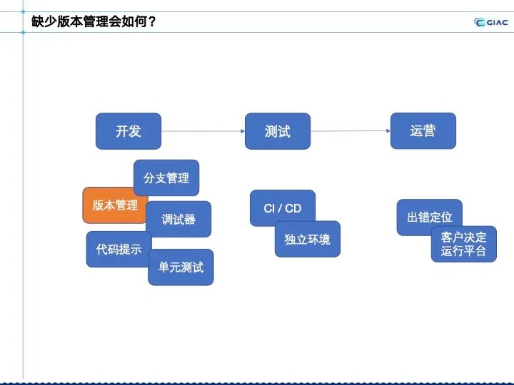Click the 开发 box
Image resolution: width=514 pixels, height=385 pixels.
pyautogui.click(x=128, y=131)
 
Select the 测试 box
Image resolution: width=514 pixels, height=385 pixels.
pyautogui.click(x=277, y=131)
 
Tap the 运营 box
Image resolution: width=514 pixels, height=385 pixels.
pyautogui.click(x=423, y=131)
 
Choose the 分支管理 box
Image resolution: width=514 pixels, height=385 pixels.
pyautogui.click(x=166, y=178)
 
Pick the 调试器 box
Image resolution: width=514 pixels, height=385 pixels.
pyautogui.click(x=178, y=219)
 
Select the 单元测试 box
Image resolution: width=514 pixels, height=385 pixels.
pyautogui.click(x=181, y=267)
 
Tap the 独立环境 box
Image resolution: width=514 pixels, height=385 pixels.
pyautogui.click(x=308, y=240)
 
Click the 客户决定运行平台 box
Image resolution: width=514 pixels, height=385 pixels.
pyautogui.click(x=463, y=244)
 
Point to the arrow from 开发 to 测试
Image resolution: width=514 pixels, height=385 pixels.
pyautogui.click(x=203, y=131)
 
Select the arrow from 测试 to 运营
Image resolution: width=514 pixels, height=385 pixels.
pyautogui.click(x=351, y=131)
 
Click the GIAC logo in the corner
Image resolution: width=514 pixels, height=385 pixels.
pyautogui.click(x=491, y=22)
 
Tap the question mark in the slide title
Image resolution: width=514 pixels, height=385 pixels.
pyautogui.click(x=151, y=22)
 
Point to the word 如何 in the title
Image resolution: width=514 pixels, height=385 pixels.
pyautogui.click(x=130, y=22)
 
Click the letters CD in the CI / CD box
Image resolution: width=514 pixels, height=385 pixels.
pyautogui.click(x=293, y=208)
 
